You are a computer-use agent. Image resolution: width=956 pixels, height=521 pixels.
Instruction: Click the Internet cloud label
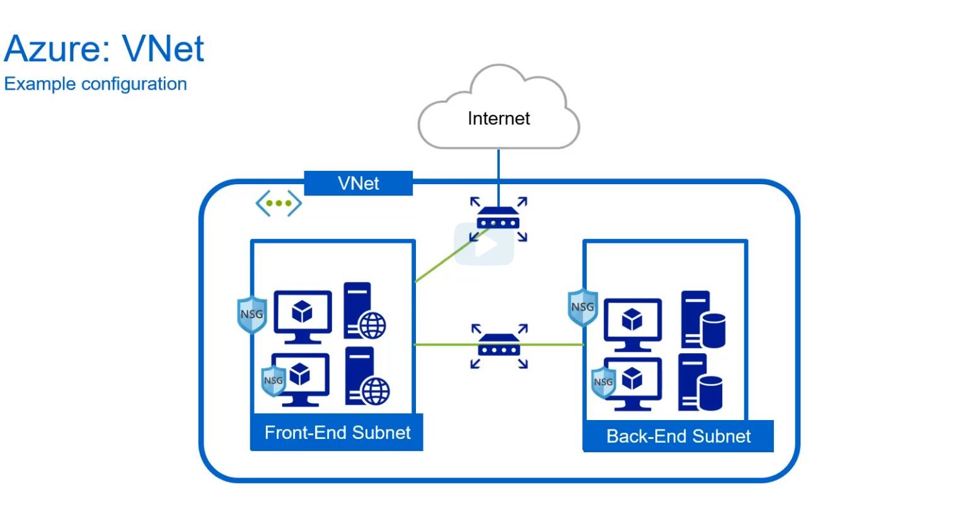point(498,119)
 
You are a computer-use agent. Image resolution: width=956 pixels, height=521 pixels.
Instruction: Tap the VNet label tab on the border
point(358,183)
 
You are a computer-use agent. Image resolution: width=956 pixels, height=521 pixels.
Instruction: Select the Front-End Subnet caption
point(337,433)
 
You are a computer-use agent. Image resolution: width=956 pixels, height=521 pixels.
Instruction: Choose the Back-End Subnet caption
point(678,436)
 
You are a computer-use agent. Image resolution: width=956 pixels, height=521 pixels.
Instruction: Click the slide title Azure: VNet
point(104,49)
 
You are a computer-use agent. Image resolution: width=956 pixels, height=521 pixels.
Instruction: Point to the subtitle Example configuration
point(95,84)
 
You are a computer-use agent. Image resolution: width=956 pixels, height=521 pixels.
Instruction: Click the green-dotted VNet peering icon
point(279,203)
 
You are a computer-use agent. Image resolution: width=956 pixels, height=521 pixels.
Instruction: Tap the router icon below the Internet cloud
point(498,219)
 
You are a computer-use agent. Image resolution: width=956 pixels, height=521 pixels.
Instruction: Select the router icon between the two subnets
point(499,346)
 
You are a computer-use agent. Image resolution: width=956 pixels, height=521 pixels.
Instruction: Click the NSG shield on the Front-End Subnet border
point(252,315)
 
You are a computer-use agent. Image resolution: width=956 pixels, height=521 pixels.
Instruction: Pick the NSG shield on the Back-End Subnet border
point(582,307)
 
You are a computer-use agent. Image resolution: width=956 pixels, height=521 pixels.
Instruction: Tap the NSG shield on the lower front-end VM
point(273,381)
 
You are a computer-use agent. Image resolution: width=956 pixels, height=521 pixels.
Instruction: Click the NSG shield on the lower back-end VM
point(604,382)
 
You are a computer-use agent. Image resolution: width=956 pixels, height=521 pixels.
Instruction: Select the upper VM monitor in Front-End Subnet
point(302,317)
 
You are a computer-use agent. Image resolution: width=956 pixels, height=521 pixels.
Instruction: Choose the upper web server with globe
point(364,310)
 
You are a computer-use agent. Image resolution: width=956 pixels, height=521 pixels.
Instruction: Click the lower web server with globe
point(367,376)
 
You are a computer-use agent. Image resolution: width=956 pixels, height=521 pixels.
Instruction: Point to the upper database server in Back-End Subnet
point(703,319)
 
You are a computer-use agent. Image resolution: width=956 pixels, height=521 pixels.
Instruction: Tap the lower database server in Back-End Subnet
point(700,382)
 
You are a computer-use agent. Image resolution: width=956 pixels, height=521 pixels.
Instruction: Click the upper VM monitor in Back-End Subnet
point(633,325)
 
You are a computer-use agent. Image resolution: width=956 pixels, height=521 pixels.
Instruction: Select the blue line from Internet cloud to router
point(498,177)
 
